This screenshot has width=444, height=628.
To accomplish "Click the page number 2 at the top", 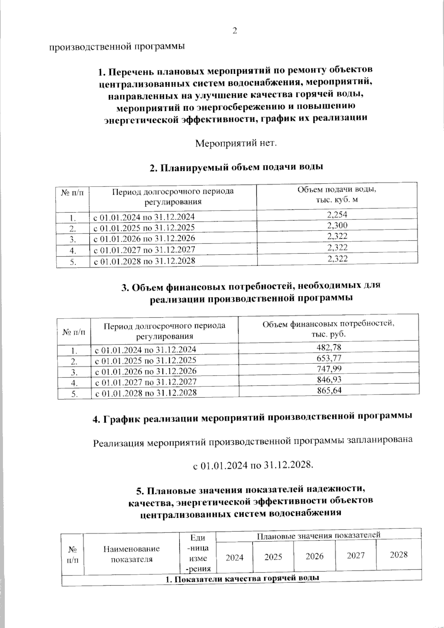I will (234, 31).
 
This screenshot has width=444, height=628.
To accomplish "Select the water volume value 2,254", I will (337, 214).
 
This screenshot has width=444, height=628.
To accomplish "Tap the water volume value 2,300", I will (337, 225).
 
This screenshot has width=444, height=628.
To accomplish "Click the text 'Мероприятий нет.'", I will (236, 143).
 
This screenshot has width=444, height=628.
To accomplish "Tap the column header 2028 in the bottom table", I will (398, 554).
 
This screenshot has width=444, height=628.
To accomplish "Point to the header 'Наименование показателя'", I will (131, 554).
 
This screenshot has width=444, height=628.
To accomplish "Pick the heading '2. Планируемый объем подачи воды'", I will (236, 167).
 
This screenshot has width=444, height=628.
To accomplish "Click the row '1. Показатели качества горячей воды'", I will (242, 578).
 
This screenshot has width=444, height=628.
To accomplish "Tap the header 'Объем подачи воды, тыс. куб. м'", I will (337, 195).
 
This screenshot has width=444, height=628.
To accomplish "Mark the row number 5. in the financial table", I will (74, 394).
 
